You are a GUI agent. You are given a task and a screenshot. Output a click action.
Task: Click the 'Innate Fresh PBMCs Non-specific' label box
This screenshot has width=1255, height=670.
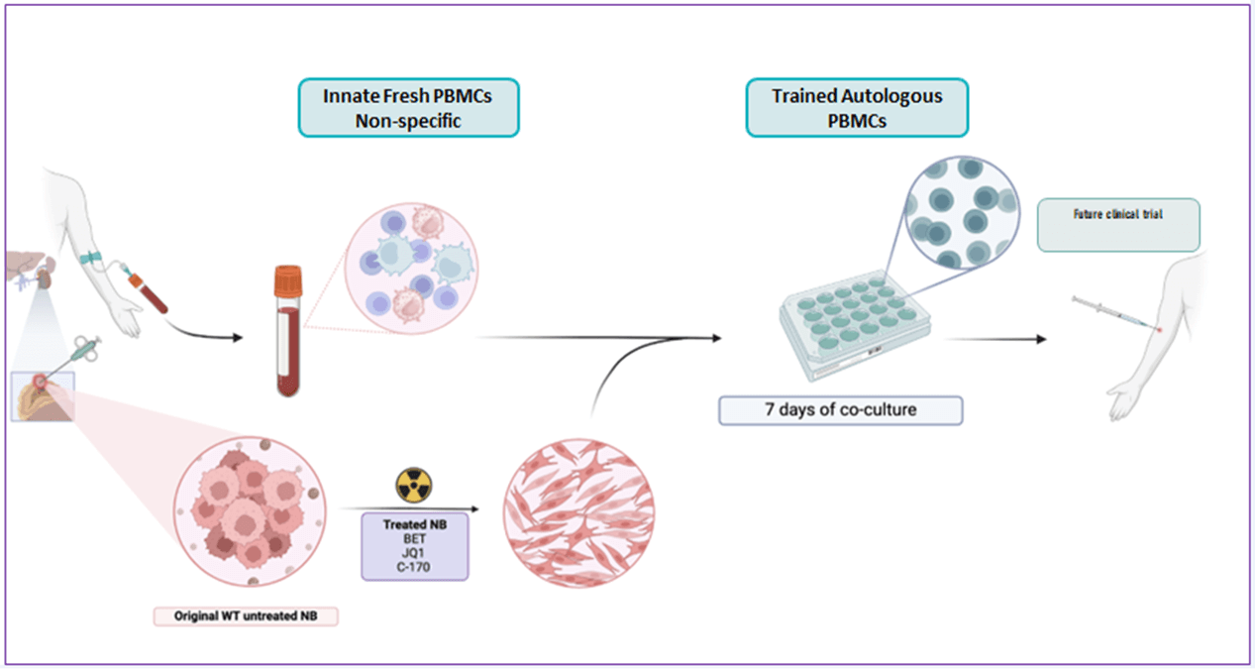[408, 107]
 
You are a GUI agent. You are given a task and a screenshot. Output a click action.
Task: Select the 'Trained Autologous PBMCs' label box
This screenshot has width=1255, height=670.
[857, 107]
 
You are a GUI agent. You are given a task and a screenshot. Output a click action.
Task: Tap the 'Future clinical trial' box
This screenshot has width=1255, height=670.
[1118, 225]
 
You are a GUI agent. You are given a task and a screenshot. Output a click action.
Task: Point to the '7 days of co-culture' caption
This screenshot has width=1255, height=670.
[840, 410]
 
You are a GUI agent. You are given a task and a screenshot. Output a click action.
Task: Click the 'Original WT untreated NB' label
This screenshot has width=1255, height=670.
[246, 615]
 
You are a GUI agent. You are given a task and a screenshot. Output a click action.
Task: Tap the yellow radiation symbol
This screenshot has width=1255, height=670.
[414, 486]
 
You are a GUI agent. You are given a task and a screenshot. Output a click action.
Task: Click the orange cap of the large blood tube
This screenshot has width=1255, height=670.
[287, 279]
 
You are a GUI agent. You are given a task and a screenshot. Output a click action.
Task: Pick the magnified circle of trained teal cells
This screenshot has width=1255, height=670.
[955, 213]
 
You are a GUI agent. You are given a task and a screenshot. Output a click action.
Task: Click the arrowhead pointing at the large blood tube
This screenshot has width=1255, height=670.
[237, 338]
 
